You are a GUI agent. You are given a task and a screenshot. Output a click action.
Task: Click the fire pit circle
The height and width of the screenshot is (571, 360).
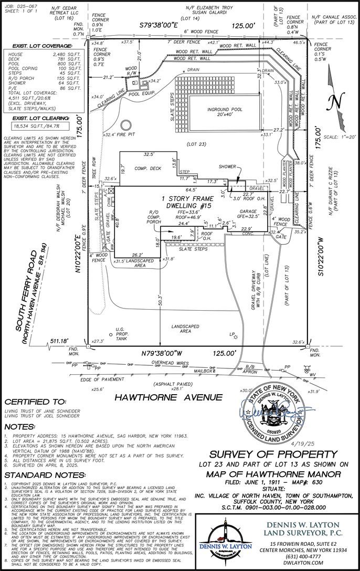pyautogui.click(x=126, y=126)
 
